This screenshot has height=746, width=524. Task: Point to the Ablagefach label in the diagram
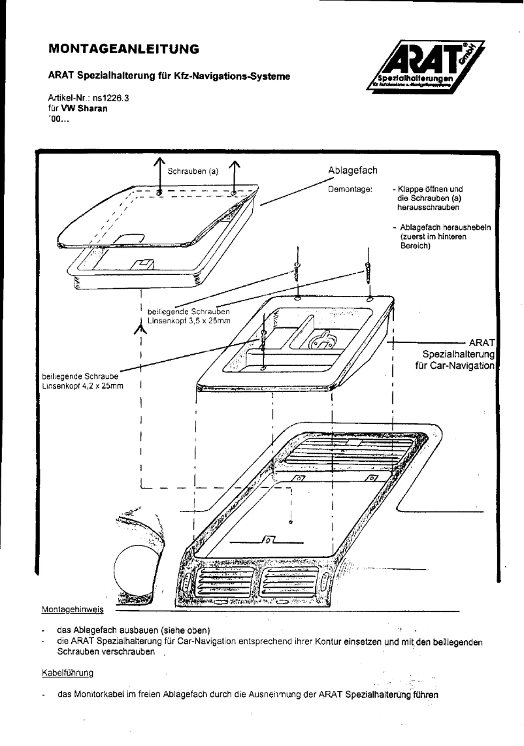pyautogui.click(x=353, y=170)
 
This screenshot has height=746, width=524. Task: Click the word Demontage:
pyautogui.click(x=350, y=189)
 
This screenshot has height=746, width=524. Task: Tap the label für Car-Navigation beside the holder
pyautogui.click(x=455, y=366)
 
